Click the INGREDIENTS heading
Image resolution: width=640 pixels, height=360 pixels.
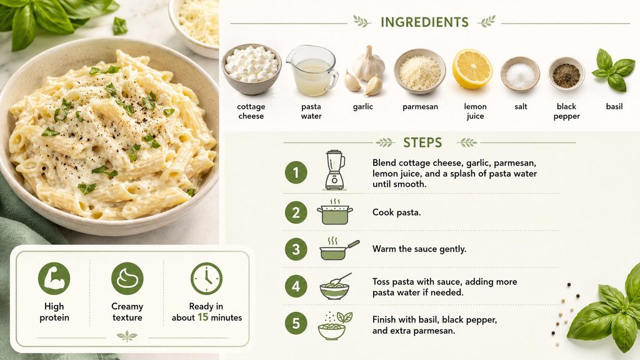(x=424, y=22)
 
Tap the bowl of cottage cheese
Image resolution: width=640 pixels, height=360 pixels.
(x=251, y=69)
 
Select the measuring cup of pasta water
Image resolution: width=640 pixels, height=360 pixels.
(x=312, y=70)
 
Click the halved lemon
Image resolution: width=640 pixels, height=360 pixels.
(x=472, y=69)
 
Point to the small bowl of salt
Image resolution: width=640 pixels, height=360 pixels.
(x=520, y=74)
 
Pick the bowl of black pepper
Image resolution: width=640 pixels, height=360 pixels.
(x=566, y=74)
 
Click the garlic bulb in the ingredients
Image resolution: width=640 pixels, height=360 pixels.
(x=369, y=63)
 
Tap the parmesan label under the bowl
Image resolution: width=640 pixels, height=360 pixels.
(x=420, y=106)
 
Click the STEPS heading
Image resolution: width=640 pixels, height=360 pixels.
(x=422, y=142)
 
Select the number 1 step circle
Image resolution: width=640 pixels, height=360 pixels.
(x=296, y=172)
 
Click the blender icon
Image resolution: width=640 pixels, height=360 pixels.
(x=335, y=170)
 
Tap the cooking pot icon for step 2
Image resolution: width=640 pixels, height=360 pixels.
(x=335, y=212)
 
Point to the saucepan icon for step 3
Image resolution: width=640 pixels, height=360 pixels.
(x=339, y=248)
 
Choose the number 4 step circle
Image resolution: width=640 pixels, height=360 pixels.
(x=296, y=286)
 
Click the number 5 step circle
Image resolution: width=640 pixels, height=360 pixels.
(x=296, y=323)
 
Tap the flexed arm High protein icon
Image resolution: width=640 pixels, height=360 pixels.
(x=54, y=278)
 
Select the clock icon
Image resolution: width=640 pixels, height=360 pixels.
(x=206, y=278)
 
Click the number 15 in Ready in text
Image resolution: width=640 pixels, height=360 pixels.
(x=203, y=317)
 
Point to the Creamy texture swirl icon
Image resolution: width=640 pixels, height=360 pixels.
(x=127, y=278)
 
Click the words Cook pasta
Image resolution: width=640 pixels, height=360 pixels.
(x=396, y=212)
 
